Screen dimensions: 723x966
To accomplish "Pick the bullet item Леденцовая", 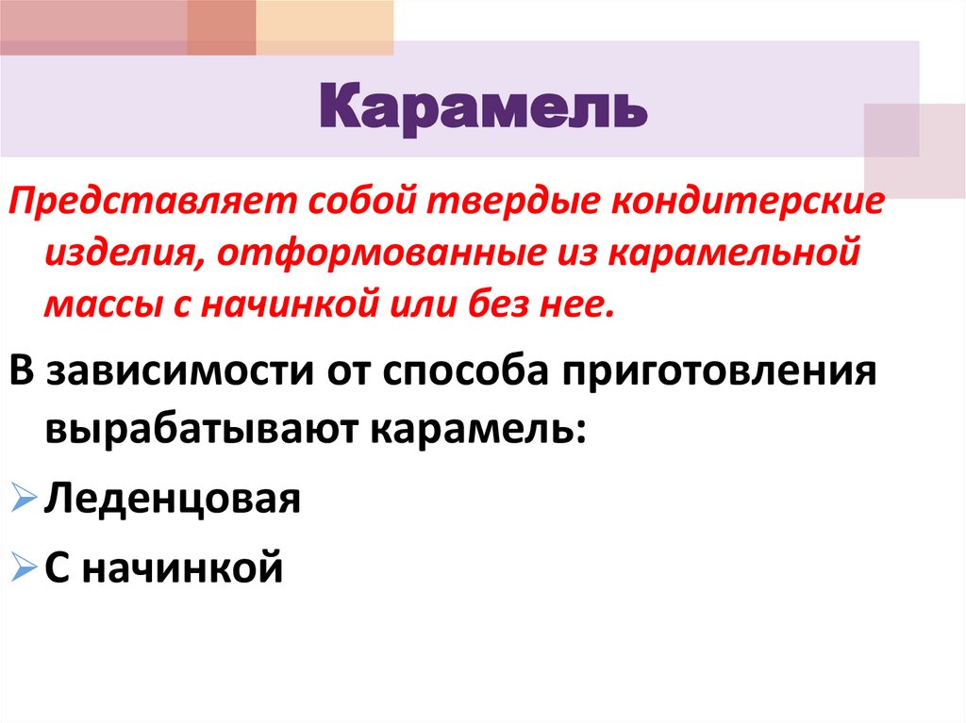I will point(172,497).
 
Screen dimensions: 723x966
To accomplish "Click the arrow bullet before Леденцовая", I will point(25,499).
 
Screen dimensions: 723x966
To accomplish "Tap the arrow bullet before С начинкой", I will point(25,567).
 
